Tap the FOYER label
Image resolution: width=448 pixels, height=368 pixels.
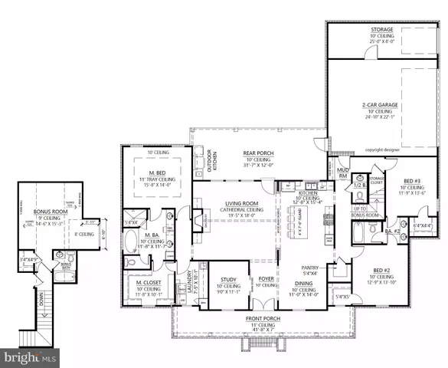point(267,279)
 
